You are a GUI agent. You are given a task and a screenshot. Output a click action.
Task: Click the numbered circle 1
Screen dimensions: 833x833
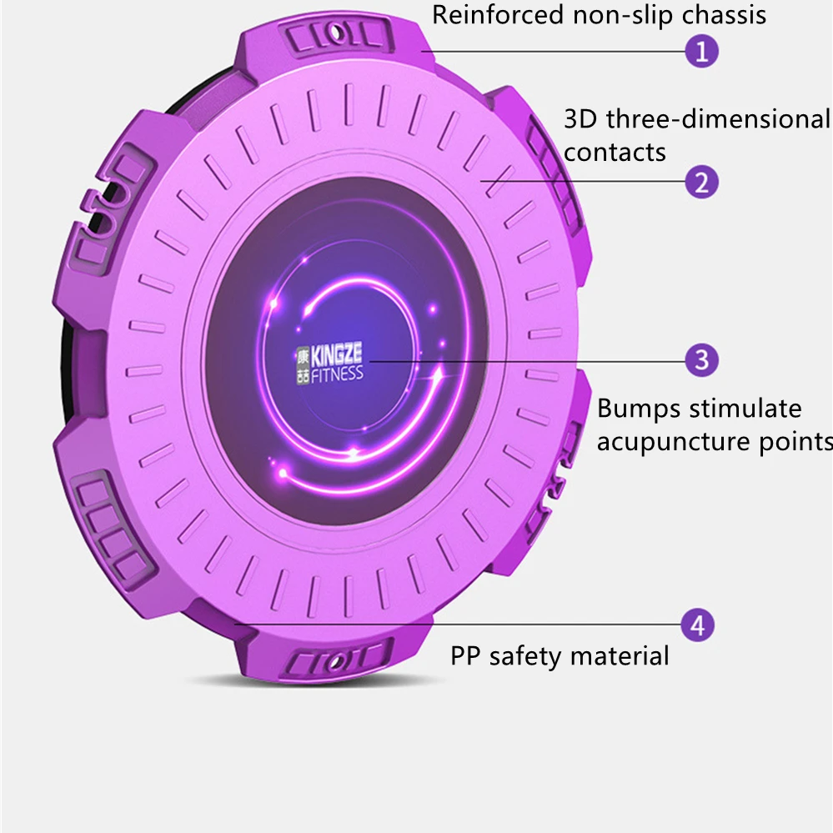(x=701, y=52)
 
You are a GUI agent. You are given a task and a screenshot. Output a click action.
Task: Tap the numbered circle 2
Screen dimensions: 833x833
(x=701, y=181)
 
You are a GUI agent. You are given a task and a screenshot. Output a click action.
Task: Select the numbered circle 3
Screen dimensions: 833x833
(x=701, y=360)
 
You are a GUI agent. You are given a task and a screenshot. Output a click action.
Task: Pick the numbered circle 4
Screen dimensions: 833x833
(x=698, y=625)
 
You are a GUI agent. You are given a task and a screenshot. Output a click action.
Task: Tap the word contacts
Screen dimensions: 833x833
(x=615, y=153)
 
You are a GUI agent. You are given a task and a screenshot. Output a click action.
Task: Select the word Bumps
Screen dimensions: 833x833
(x=640, y=409)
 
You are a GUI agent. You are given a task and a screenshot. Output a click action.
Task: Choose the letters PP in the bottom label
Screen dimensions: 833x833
(x=466, y=655)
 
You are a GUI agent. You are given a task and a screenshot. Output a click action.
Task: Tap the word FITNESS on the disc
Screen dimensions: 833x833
(x=339, y=373)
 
